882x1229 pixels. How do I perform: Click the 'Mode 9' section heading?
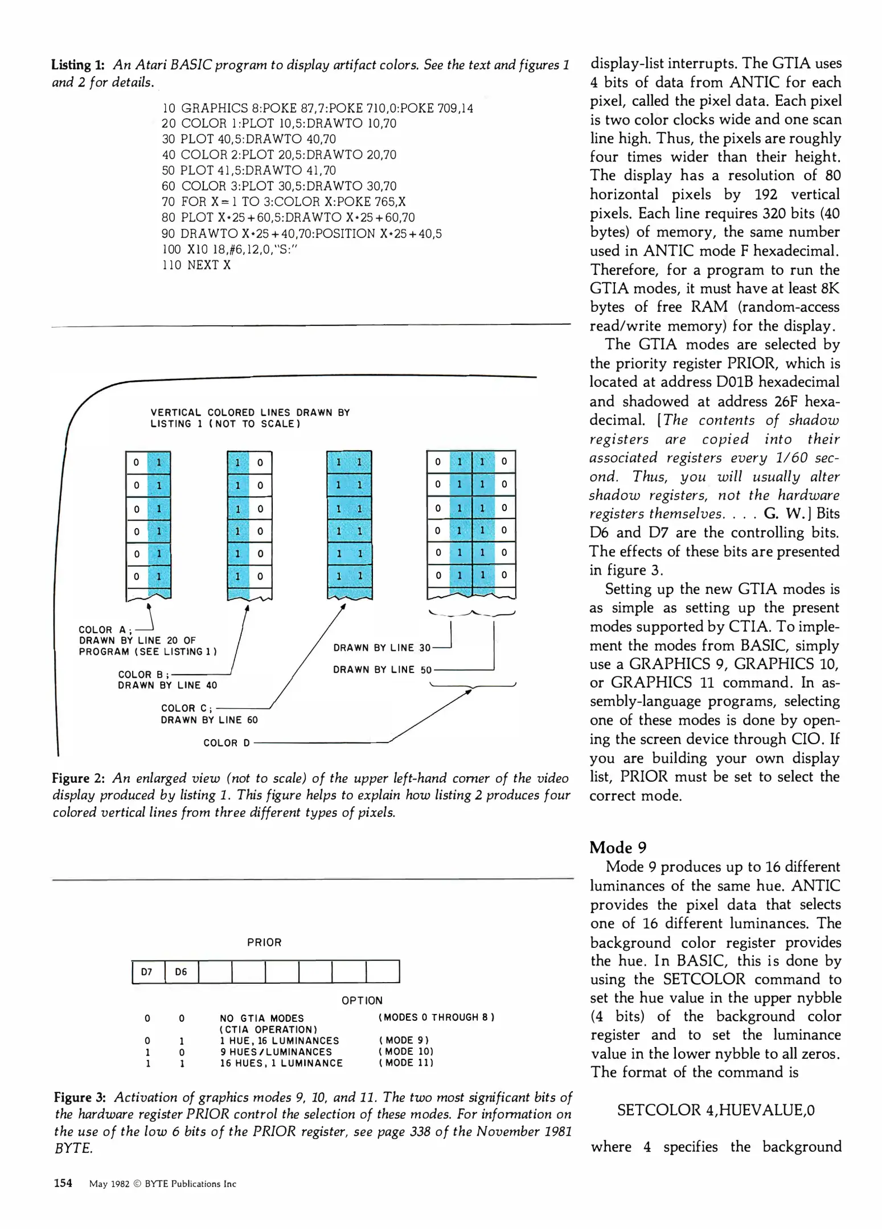tap(618, 847)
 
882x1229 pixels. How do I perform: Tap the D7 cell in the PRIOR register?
tap(147, 971)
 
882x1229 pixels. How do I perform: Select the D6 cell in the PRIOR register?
tap(181, 971)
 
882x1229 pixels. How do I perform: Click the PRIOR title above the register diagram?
tap(264, 942)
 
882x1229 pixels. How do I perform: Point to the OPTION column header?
tap(362, 1000)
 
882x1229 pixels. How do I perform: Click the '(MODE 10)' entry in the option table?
tap(406, 1051)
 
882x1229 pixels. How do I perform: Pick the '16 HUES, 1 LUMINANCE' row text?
tap(281, 1063)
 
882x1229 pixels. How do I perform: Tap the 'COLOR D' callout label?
tap(227, 743)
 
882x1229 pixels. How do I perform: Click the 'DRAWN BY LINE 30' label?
tap(382, 648)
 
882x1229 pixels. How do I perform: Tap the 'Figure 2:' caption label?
tap(78, 778)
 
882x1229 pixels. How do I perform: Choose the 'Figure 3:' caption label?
tap(80, 1097)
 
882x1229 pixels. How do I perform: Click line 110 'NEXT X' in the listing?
tap(196, 265)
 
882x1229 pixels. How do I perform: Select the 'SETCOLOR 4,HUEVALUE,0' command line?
tap(716, 1110)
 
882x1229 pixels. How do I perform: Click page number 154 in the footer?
tap(63, 1183)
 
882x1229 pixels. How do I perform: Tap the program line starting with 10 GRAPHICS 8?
tap(317, 108)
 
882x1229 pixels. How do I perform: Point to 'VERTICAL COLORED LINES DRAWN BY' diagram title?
tap(250, 413)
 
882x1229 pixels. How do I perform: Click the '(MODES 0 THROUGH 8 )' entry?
tap(436, 1017)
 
